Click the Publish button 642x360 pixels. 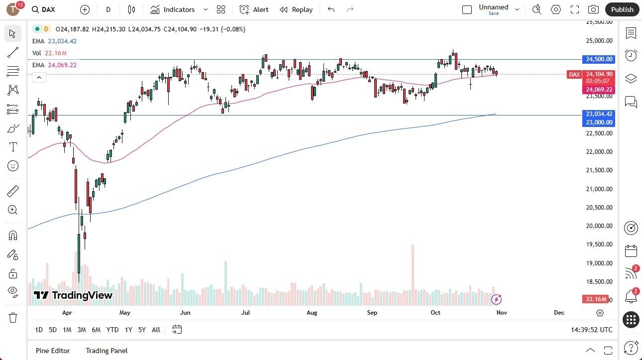[622, 9]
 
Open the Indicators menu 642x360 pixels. [173, 9]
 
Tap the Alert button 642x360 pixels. [254, 9]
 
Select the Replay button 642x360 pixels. [296, 9]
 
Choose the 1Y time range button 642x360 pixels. [128, 330]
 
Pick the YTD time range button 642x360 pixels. [112, 330]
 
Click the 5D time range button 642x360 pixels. [53, 330]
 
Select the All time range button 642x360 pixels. [156, 330]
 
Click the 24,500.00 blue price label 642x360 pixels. [599, 59]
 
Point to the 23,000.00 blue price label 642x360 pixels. [599, 122]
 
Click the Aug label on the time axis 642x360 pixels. [312, 313]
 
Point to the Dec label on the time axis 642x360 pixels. [559, 313]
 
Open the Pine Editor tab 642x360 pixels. [53, 351]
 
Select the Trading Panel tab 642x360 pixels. [107, 351]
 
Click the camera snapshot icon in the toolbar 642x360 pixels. [593, 9]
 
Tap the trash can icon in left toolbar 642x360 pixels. [13, 318]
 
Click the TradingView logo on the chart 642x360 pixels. [73, 295]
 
